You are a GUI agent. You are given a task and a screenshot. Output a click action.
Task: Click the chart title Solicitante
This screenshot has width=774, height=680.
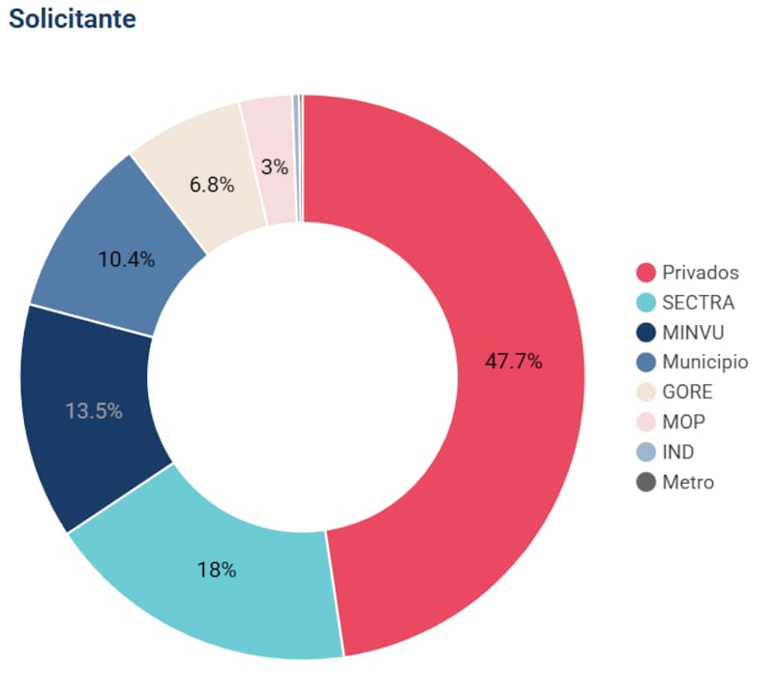(73, 19)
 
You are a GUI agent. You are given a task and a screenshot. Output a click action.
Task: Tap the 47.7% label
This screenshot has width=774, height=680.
(513, 363)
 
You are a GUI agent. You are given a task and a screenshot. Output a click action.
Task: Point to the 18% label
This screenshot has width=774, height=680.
(217, 570)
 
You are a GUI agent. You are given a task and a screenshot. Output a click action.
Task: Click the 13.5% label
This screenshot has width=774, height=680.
(94, 411)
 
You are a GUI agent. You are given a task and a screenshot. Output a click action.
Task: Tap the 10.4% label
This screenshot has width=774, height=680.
(127, 260)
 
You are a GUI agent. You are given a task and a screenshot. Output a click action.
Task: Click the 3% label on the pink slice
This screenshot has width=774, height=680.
(275, 166)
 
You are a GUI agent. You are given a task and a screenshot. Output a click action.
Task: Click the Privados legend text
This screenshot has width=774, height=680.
(700, 272)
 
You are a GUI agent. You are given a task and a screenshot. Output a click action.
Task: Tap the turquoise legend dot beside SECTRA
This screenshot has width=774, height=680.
(646, 303)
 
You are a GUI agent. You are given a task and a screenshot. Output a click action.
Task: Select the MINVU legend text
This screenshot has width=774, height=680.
(693, 333)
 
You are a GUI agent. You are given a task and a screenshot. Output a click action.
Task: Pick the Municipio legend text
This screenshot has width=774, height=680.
(705, 363)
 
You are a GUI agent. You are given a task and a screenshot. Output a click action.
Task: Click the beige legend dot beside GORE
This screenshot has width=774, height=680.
(646, 393)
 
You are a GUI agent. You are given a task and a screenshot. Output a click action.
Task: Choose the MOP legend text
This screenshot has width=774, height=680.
(684, 422)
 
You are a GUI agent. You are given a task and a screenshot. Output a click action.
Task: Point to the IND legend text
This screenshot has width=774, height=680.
(678, 452)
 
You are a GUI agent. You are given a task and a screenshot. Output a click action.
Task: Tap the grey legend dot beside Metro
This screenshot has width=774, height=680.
(646, 482)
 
